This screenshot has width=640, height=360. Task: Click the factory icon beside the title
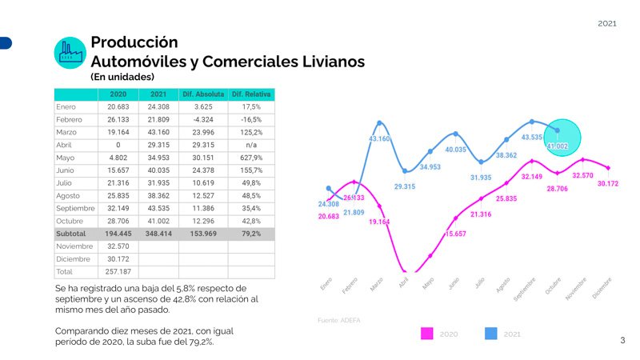(70, 52)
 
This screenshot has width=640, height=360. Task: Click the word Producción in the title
(134, 42)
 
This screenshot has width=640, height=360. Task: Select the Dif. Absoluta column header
(203, 94)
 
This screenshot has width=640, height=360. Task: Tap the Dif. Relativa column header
(251, 94)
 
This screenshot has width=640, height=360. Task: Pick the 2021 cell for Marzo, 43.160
(158, 132)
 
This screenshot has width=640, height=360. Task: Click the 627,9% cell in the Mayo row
(251, 158)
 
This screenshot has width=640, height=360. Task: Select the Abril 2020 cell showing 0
(118, 145)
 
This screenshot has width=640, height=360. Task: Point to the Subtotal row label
(70, 234)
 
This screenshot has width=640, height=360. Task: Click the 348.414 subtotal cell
(158, 234)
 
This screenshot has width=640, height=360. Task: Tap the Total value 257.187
(118, 272)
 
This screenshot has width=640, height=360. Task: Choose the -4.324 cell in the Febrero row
(203, 119)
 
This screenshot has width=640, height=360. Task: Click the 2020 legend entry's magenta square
(427, 334)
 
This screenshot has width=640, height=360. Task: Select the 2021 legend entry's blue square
(491, 334)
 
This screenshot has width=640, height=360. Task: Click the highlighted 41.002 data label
(558, 146)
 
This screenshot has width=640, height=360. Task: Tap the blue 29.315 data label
(405, 186)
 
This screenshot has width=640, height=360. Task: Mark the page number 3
(622, 341)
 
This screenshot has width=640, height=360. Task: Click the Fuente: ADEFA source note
(339, 320)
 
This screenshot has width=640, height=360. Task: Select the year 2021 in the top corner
(607, 24)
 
